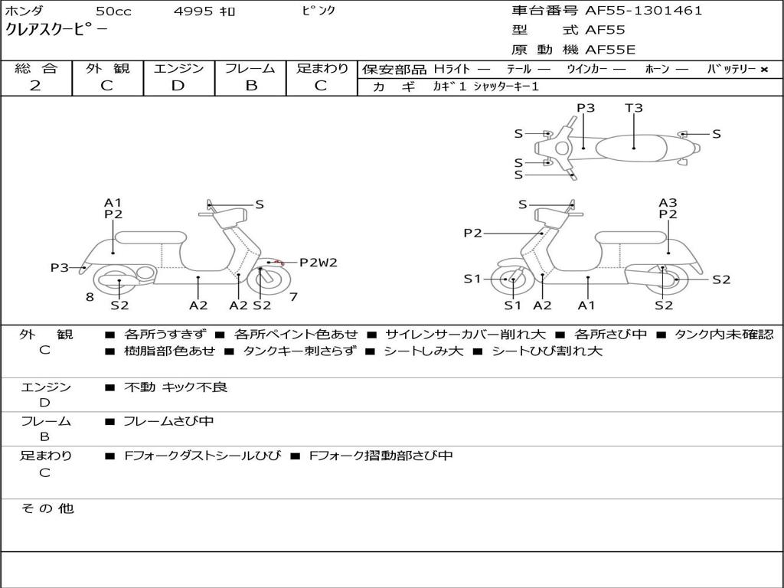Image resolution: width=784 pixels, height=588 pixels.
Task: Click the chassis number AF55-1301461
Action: point(643,11)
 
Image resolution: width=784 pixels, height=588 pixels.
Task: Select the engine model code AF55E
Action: point(610,50)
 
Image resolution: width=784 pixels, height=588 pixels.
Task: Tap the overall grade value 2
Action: point(35,86)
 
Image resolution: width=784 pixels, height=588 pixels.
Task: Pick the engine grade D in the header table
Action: point(178,86)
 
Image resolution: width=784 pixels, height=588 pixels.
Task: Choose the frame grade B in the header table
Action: point(251,86)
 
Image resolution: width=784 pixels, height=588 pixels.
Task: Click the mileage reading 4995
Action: point(193,11)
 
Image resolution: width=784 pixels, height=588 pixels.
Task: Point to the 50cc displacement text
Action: point(113,11)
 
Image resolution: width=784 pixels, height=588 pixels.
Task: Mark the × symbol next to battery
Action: point(764,70)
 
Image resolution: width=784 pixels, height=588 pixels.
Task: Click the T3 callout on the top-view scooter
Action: point(633,107)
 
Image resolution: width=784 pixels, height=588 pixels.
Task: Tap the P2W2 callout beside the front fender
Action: point(318,262)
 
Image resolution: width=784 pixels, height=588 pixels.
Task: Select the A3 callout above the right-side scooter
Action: point(668,202)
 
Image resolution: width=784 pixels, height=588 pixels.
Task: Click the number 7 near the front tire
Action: point(293,297)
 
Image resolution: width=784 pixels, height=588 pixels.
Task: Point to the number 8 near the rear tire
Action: point(90,297)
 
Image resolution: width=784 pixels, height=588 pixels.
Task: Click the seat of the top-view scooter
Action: point(631,149)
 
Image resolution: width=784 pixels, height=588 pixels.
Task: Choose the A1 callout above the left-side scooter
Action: point(113,202)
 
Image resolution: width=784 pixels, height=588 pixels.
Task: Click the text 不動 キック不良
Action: point(175,387)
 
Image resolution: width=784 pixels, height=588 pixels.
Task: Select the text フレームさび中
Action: point(168,421)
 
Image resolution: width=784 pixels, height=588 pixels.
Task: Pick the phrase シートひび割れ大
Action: point(547,351)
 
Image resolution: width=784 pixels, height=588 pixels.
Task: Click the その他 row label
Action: point(47,508)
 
